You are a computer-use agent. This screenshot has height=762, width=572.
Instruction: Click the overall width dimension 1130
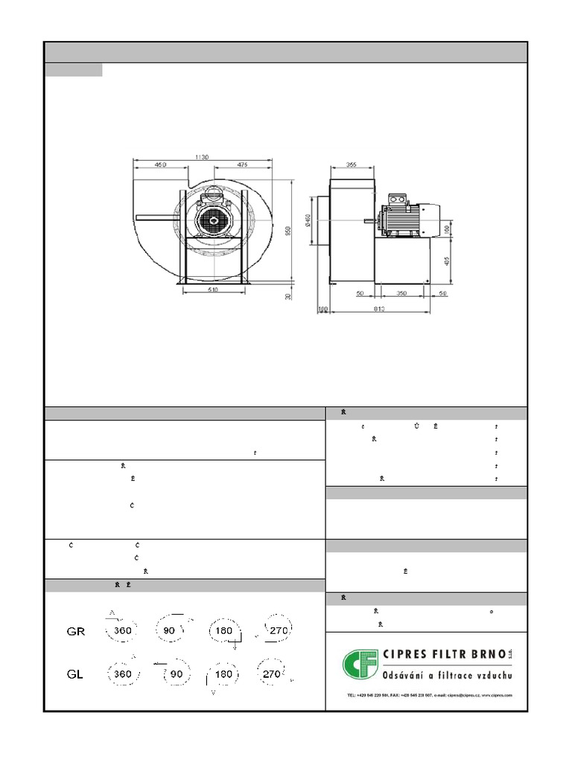[201, 157]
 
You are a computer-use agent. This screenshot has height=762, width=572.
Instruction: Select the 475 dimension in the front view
[241, 164]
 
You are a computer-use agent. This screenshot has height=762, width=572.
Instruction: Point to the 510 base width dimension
[212, 291]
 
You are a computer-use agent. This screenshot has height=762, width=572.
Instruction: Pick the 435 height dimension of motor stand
[447, 261]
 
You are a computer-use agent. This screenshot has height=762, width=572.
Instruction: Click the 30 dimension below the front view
[287, 295]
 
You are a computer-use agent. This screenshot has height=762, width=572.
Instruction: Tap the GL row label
[75, 674]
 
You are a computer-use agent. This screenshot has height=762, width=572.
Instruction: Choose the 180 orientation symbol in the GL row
[221, 674]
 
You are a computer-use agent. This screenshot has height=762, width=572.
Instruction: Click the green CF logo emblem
[359, 665]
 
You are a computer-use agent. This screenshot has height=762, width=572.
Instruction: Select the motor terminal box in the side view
[395, 200]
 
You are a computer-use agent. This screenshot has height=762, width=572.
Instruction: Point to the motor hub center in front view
[215, 220]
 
